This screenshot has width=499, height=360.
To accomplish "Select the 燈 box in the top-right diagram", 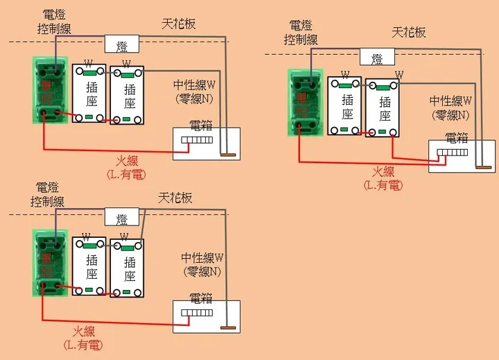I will (377, 57).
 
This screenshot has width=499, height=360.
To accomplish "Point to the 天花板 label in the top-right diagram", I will (408, 32).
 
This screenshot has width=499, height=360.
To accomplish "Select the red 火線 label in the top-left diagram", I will (126, 162).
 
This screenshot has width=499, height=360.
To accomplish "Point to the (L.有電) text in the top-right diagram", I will (383, 185).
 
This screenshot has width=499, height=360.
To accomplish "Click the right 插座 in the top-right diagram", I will (382, 105).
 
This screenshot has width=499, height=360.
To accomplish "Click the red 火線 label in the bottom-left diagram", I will (84, 332).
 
